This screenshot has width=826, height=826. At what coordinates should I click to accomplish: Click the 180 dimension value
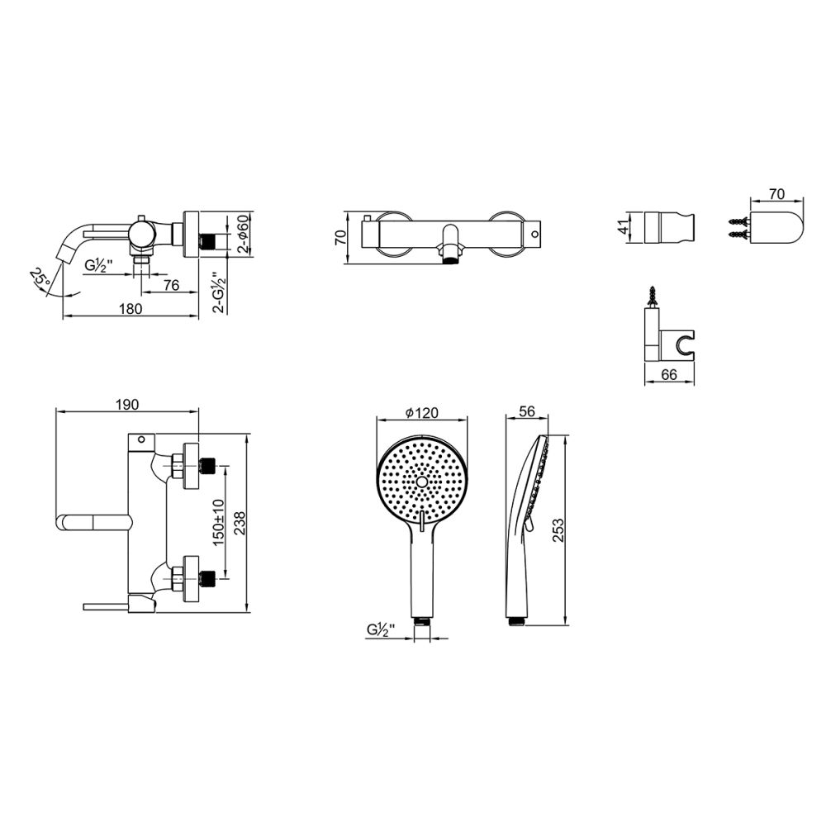click(131, 308)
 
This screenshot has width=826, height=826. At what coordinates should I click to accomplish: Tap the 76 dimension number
click(171, 285)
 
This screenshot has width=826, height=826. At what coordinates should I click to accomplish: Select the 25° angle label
click(40, 278)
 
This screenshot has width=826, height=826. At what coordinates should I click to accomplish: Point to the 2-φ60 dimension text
click(243, 235)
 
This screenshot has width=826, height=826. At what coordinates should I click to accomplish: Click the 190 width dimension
click(127, 404)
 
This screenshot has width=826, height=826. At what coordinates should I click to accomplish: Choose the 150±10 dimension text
click(219, 523)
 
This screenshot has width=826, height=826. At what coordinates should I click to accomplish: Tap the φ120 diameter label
click(421, 412)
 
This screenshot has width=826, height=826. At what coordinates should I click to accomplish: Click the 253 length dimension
click(558, 530)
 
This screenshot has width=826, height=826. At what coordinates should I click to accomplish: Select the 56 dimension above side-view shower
click(527, 411)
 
